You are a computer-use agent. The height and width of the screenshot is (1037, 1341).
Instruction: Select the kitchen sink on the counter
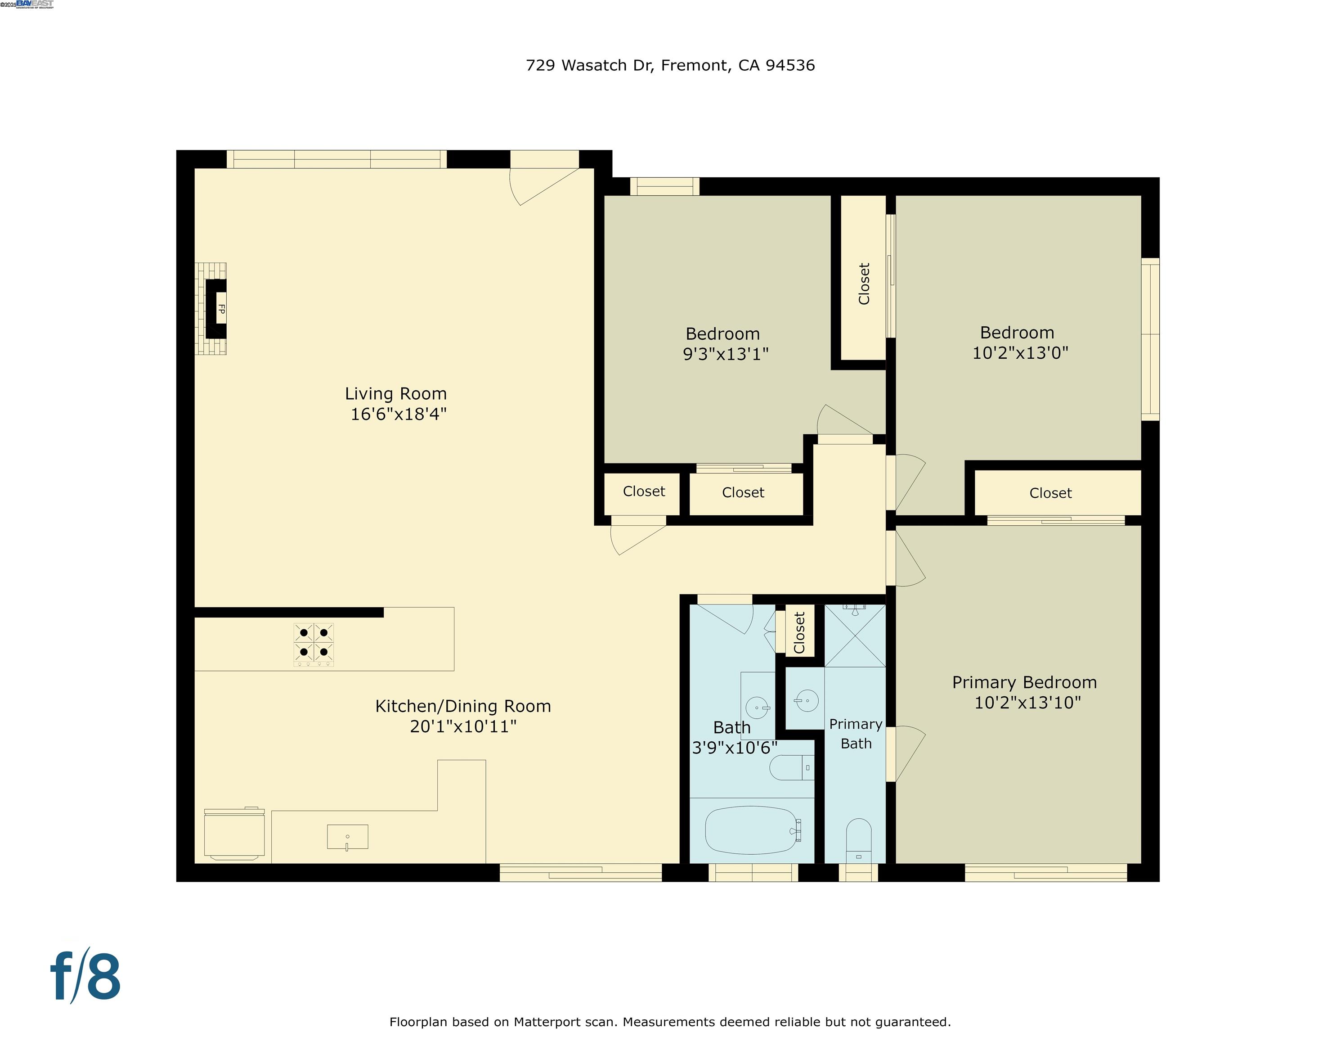pos(348,837)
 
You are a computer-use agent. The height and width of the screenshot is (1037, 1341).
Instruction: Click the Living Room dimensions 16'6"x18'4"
pos(398,414)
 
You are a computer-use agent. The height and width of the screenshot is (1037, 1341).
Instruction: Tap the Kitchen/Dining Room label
pos(463,707)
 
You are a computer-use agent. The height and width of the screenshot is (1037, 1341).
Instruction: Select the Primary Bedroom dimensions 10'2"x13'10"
pos(1027,703)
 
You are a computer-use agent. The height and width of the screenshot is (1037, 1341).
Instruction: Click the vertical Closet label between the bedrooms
pos(864,284)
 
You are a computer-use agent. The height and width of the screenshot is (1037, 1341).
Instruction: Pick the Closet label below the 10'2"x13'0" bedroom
pos(1050,493)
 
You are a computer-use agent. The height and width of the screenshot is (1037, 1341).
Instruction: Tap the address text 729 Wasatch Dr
pos(589,66)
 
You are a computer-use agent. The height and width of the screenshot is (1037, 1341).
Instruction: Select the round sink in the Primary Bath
pos(806,700)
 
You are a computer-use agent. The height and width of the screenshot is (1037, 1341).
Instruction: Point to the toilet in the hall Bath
pos(791,767)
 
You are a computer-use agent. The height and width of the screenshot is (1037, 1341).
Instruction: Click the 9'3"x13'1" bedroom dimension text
pos(726,355)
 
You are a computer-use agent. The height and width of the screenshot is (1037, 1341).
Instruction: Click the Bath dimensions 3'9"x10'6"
pos(734,748)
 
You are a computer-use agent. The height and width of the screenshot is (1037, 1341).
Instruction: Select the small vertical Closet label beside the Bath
pos(799,632)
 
